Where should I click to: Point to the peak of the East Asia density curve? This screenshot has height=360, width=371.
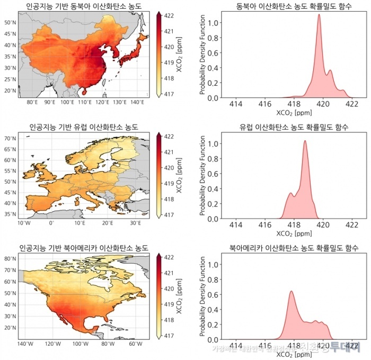(x=319, y=15)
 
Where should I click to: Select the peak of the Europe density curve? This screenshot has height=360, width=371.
(x=305, y=141)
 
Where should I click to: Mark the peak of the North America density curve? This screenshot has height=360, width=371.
(x=291, y=291)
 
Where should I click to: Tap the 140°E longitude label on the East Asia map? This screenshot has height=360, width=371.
(x=137, y=102)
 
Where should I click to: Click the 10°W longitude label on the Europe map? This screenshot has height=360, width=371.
(x=23, y=223)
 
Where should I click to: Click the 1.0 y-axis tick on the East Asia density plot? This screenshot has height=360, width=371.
(x=211, y=23)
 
